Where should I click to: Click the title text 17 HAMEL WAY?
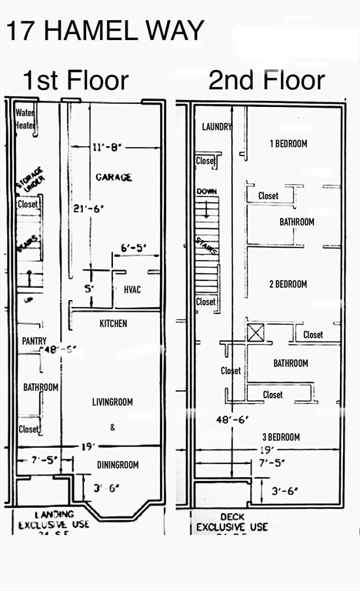point(105,30)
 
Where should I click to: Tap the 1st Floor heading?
point(75,79)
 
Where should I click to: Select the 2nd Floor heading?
point(266,79)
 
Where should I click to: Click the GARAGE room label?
point(114,177)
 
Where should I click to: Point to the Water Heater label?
point(25,119)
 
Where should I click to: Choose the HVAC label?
point(132,289)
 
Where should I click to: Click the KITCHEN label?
point(113,323)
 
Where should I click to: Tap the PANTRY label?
point(34,341)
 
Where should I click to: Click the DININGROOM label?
point(118,465)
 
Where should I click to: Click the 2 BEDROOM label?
point(288,284)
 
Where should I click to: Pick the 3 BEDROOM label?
point(280,437)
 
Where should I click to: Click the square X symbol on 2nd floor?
point(255,332)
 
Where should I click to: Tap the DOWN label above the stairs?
point(206,191)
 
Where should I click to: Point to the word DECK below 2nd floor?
point(232,516)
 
